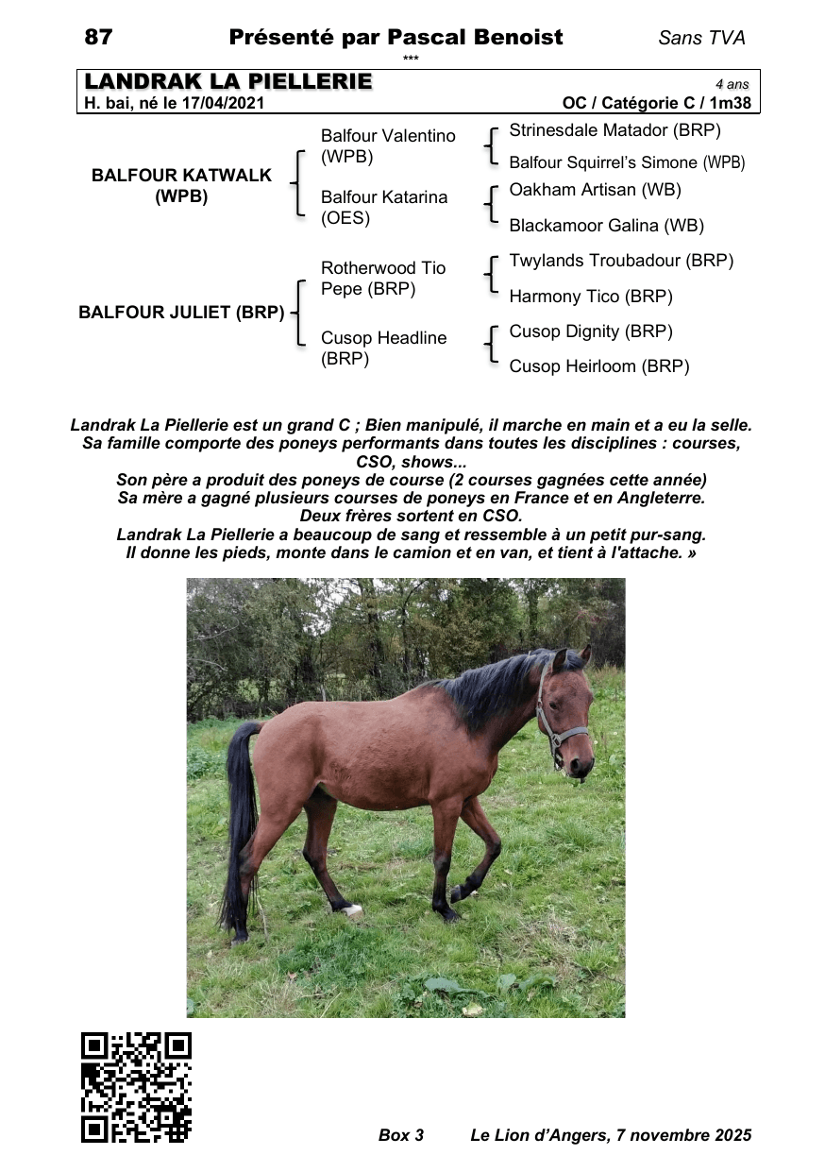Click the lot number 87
pos(98,37)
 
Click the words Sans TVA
pos(701,38)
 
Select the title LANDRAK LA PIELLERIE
pos(228,82)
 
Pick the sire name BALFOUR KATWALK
pos(181,175)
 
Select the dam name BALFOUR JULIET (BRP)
pos(181,313)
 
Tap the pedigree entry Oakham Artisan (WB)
pos(595,190)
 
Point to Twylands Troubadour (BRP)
pos(621,261)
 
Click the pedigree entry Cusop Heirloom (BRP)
pos(599,366)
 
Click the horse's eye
pos(564,693)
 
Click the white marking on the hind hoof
pos(352,910)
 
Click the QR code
pos(136,1086)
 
